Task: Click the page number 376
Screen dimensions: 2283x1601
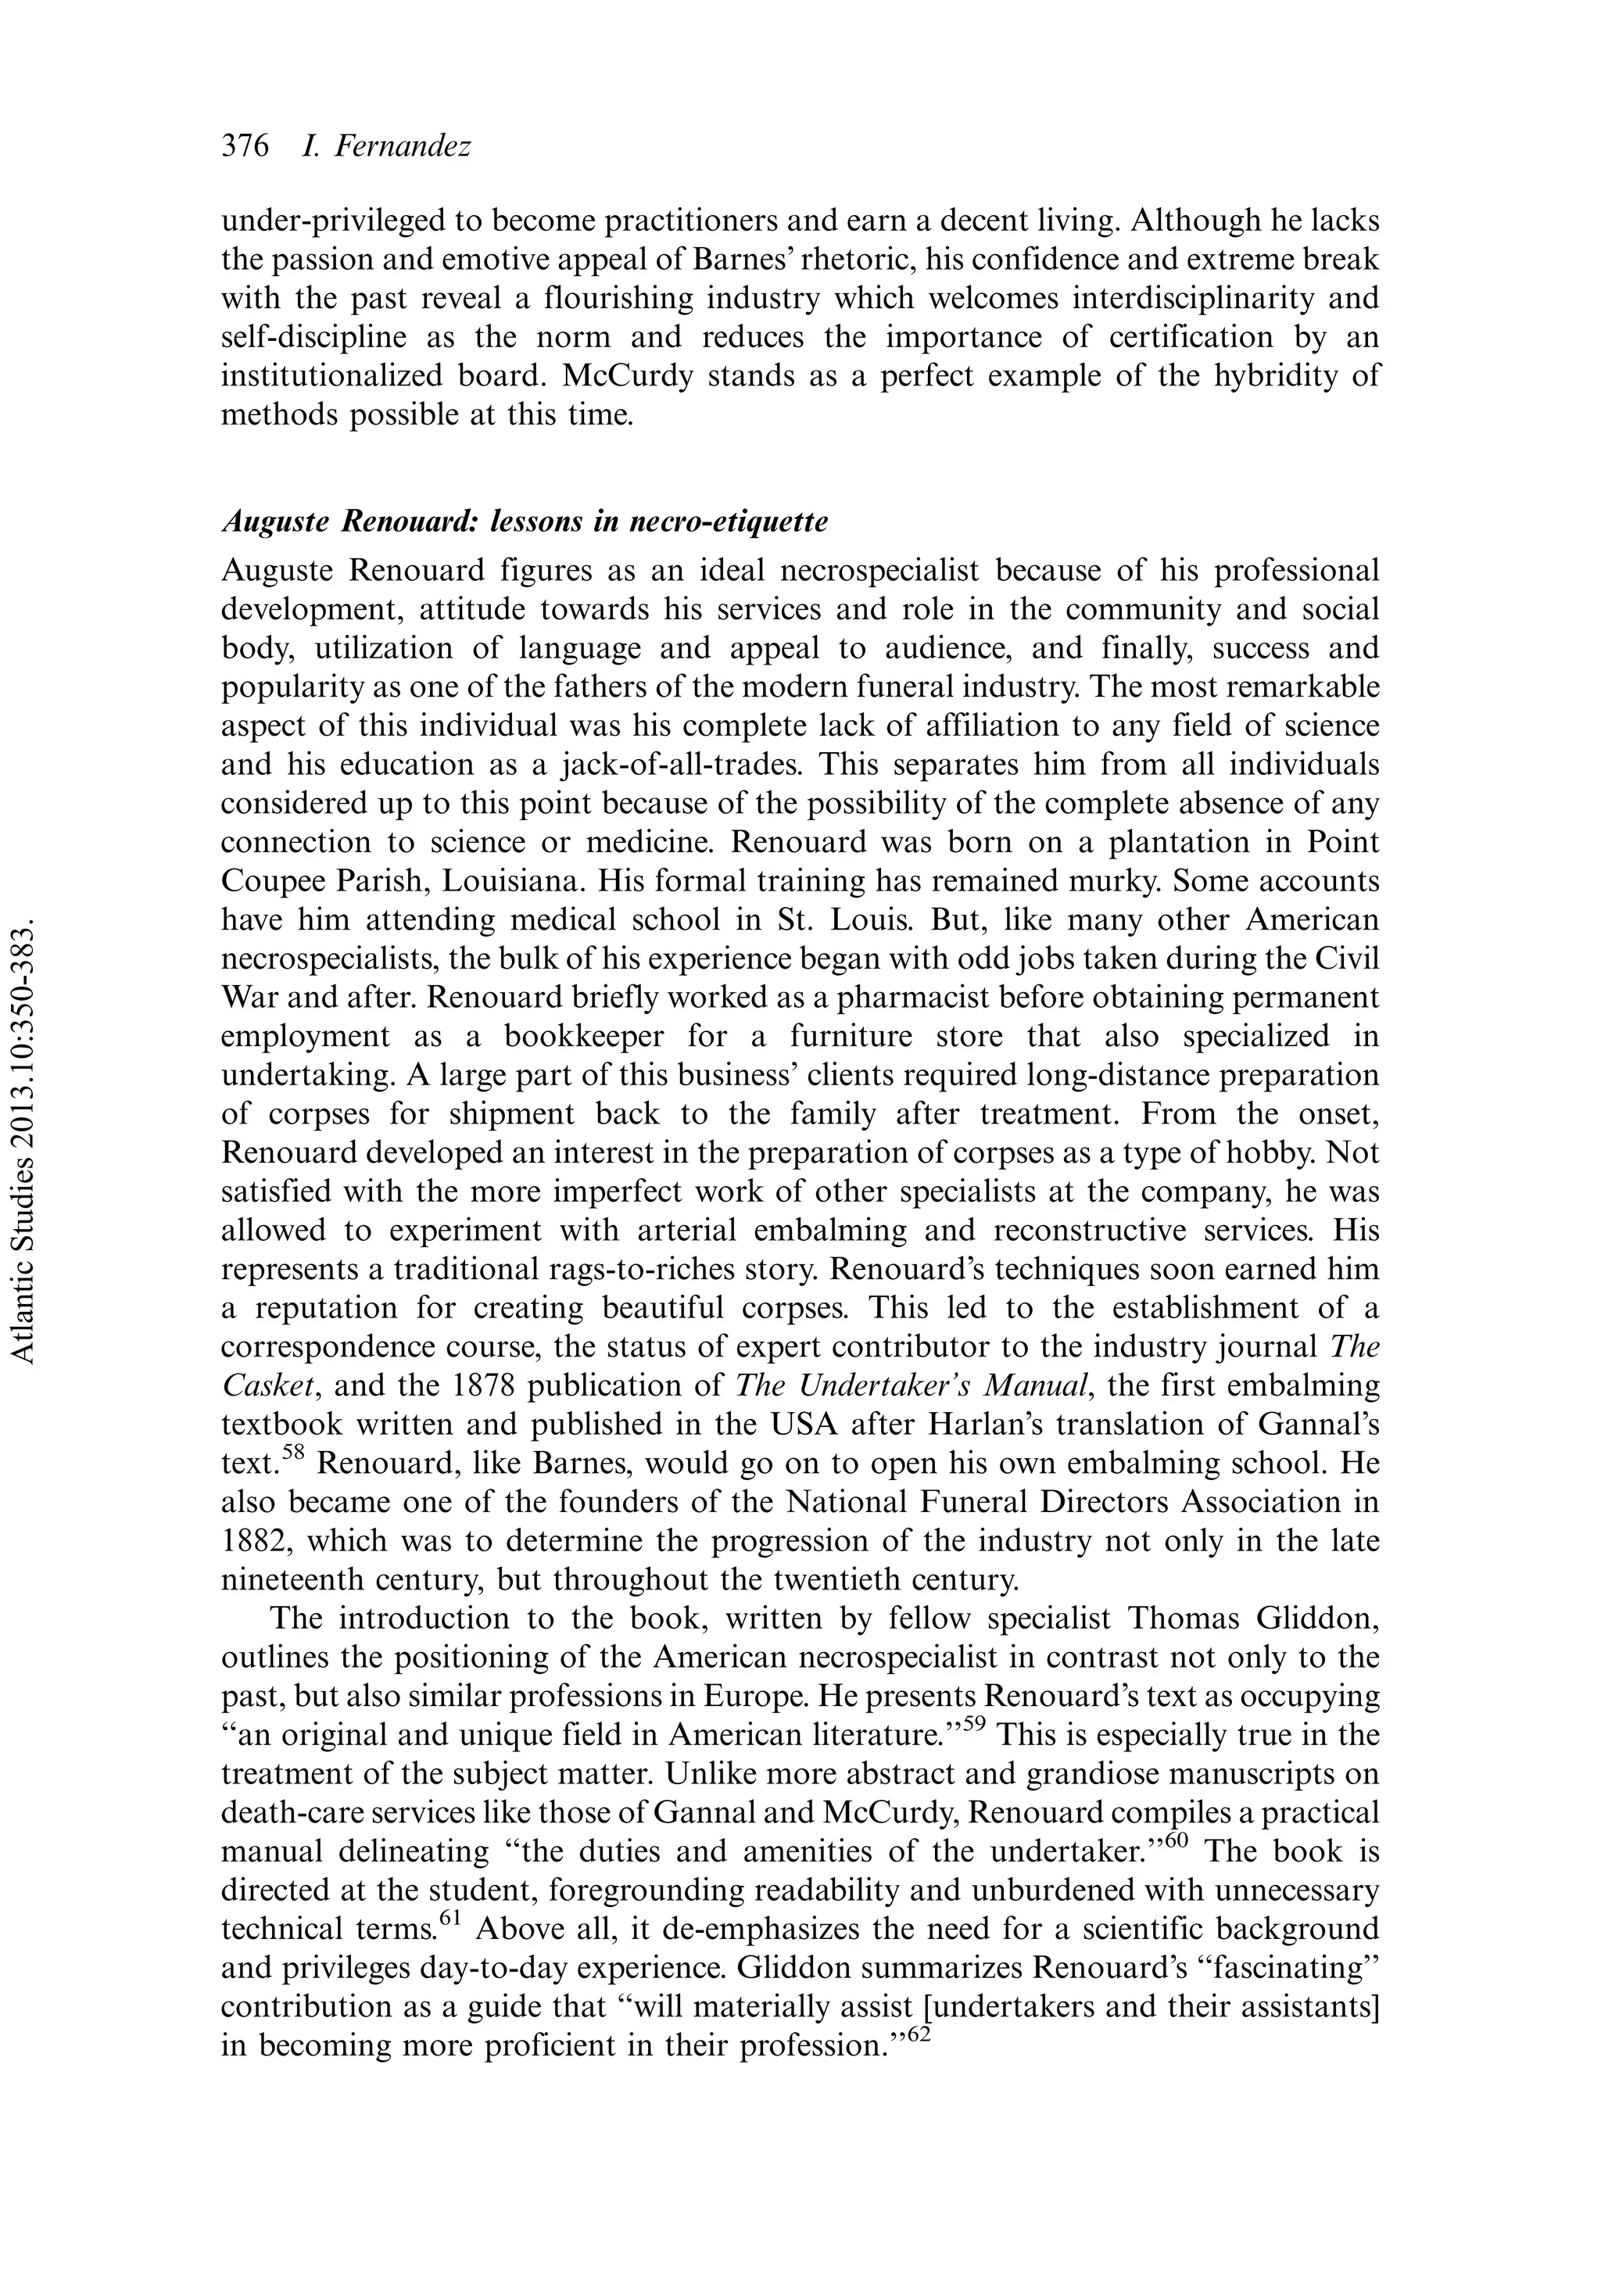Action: coord(245,147)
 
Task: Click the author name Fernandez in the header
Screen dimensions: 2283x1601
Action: coord(402,147)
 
